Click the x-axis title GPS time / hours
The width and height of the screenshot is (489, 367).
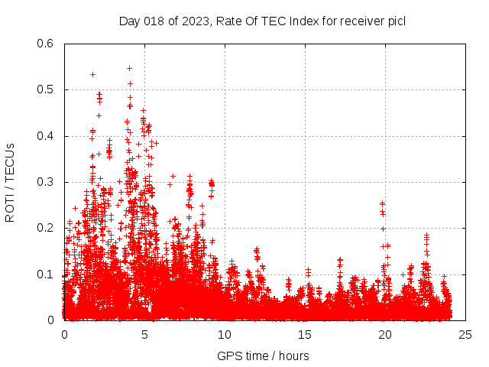pos(263,356)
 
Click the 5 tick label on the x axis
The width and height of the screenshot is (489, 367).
pos(144,335)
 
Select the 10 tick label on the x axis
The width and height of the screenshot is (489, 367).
pos(225,335)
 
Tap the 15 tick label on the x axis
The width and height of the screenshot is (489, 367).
pos(305,335)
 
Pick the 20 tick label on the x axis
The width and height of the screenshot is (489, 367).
pos(385,335)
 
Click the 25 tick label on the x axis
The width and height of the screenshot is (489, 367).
pos(465,335)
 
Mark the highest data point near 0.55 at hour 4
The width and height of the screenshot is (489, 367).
pos(129,68)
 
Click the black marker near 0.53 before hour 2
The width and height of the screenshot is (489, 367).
pos(92,74)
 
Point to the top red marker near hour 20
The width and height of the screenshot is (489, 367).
pos(382,203)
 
